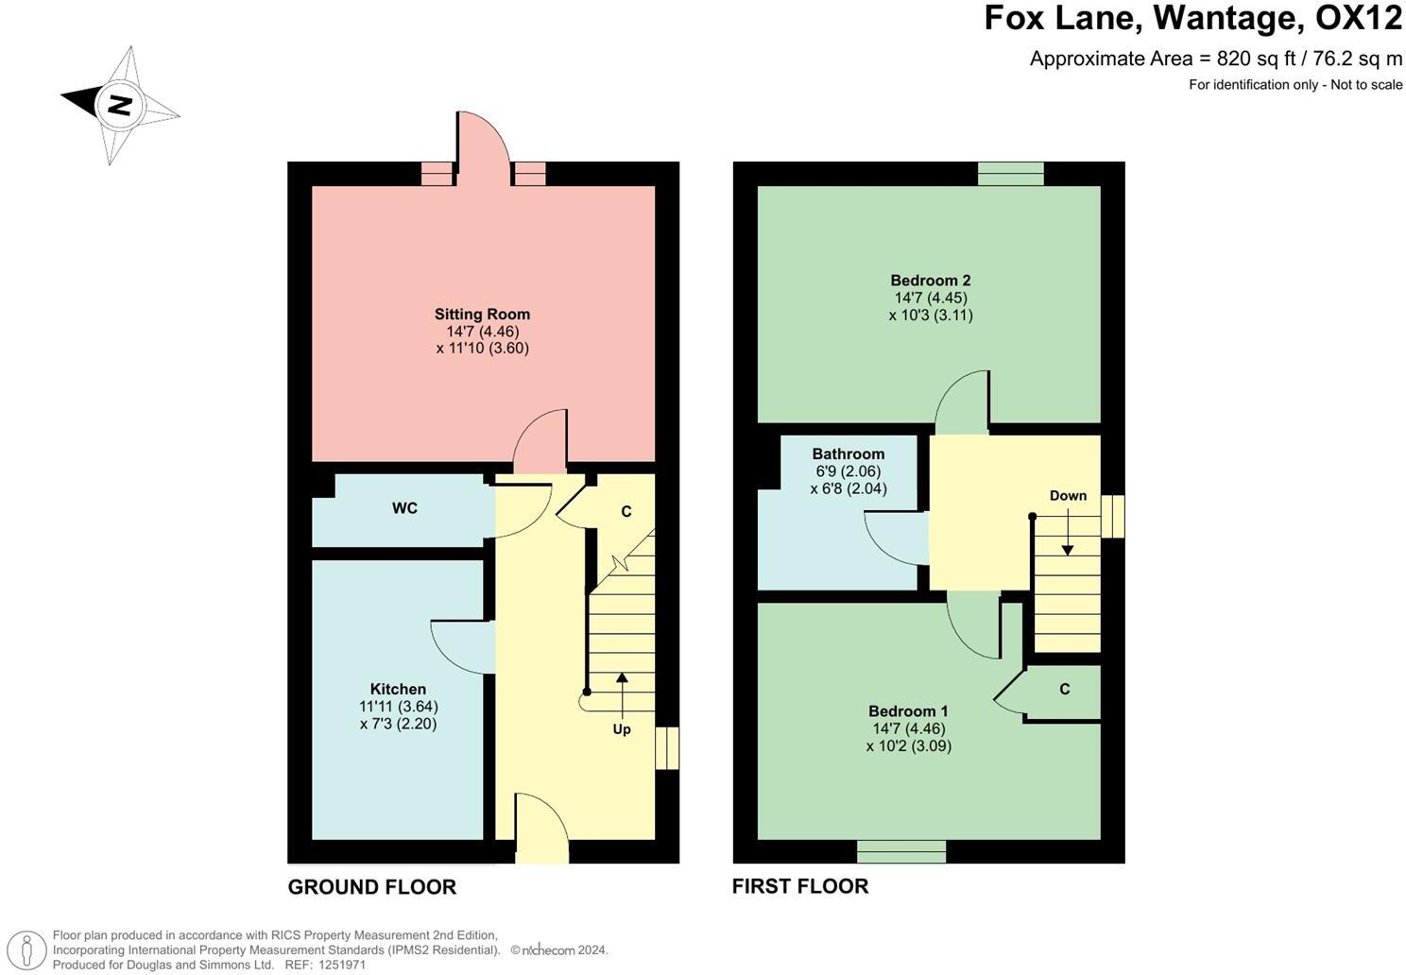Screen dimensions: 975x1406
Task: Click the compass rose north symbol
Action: click(119, 104)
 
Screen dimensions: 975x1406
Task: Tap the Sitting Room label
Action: click(482, 314)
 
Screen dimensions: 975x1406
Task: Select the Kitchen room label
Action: click(398, 689)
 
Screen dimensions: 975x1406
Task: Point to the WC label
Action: click(404, 508)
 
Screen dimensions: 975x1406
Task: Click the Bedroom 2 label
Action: click(930, 280)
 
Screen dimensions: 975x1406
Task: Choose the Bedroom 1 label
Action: click(908, 710)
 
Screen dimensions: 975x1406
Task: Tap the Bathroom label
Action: click(848, 453)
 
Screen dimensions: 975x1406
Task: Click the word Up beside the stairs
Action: click(622, 729)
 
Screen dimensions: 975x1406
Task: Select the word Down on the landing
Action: click(1068, 495)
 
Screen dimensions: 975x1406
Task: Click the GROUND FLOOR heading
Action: click(371, 886)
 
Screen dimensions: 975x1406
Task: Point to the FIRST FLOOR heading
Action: click(799, 885)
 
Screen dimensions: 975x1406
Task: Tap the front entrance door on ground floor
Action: click(541, 830)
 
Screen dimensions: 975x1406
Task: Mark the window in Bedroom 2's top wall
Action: click(1010, 174)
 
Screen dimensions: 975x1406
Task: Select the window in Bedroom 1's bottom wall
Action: click(900, 851)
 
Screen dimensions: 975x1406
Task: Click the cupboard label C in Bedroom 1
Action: click(1064, 689)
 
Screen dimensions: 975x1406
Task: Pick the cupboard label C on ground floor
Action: click(626, 511)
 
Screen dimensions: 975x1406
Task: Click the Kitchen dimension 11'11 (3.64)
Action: click(398, 706)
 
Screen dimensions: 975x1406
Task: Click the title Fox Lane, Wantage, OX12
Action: click(1192, 18)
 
